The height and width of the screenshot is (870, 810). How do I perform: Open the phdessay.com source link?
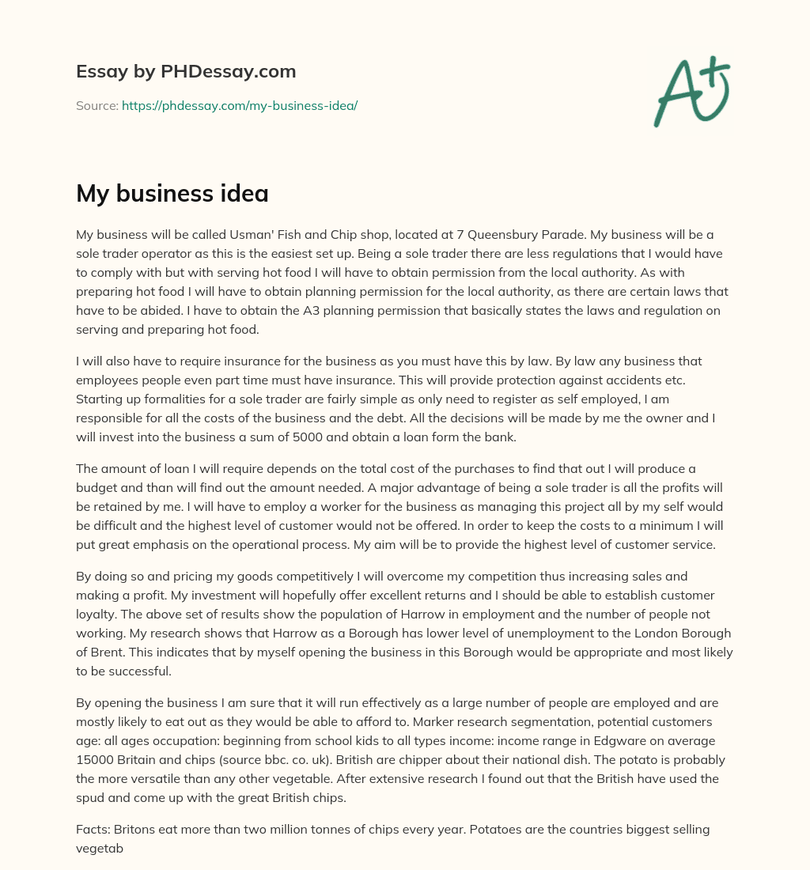[x=240, y=105]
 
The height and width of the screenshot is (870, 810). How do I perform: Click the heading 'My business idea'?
[x=172, y=194]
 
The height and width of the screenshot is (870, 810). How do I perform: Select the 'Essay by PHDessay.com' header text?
[x=186, y=72]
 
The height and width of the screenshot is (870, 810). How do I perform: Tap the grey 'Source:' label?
[x=97, y=105]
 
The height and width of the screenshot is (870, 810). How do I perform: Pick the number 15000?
[x=95, y=759]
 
